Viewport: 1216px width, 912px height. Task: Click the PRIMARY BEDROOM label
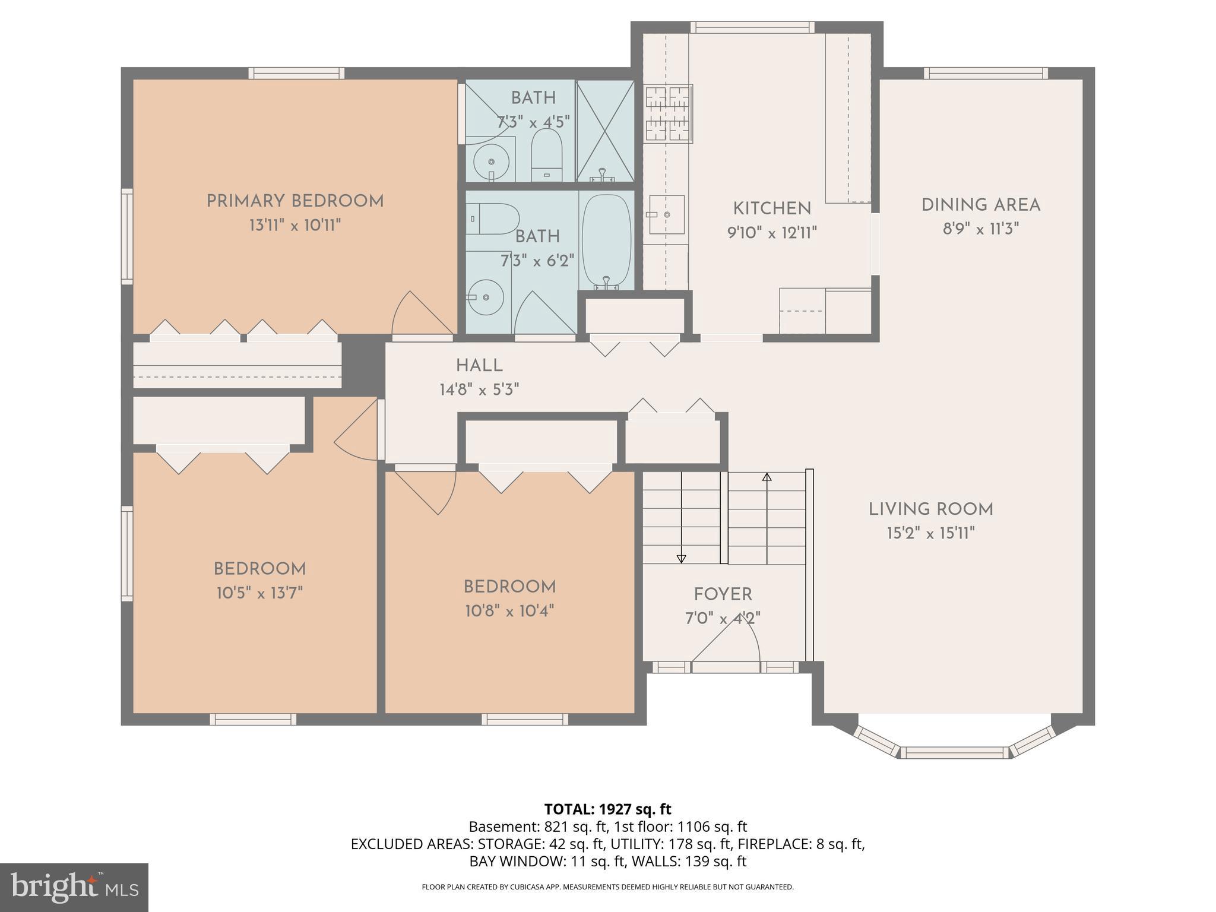pyautogui.click(x=295, y=201)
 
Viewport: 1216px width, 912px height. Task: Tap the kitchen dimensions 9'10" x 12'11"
pyautogui.click(x=772, y=233)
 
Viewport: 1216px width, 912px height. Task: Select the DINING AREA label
pyautogui.click(x=980, y=205)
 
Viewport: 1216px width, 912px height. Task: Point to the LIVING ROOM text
pyautogui.click(x=930, y=509)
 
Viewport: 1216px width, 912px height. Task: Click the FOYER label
pyautogui.click(x=723, y=594)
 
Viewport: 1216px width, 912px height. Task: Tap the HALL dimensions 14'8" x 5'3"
pyautogui.click(x=479, y=390)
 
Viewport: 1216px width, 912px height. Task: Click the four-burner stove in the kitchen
pyautogui.click(x=669, y=113)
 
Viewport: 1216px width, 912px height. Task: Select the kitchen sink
pyautogui.click(x=666, y=214)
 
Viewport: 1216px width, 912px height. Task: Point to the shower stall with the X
pyautogui.click(x=605, y=131)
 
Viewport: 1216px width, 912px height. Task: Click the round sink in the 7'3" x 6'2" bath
pyautogui.click(x=486, y=296)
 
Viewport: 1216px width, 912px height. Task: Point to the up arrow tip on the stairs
pyautogui.click(x=767, y=477)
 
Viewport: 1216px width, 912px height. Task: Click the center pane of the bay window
pyautogui.click(x=954, y=752)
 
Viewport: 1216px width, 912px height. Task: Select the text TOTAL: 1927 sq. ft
pyautogui.click(x=607, y=809)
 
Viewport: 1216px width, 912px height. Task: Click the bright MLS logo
pyautogui.click(x=74, y=887)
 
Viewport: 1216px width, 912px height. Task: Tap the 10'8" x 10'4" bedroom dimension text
pyautogui.click(x=509, y=611)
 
